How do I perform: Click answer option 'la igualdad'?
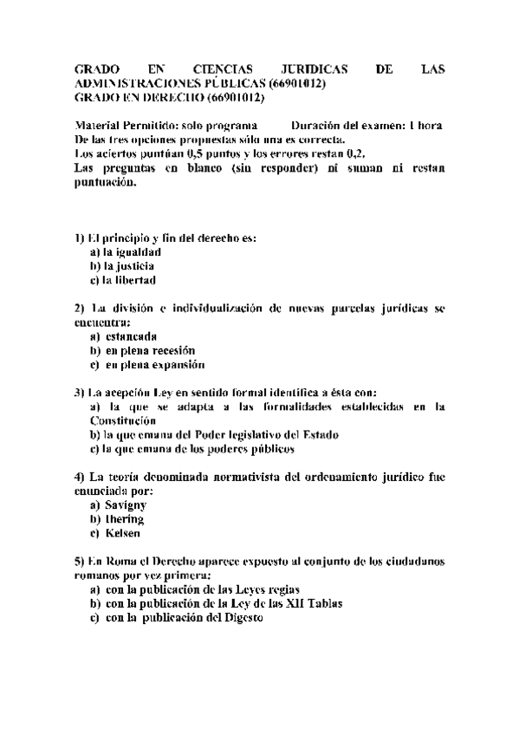tap(132, 251)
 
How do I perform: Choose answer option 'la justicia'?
tap(129, 265)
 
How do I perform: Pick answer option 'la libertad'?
tap(129, 280)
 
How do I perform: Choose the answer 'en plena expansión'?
tap(155, 365)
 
